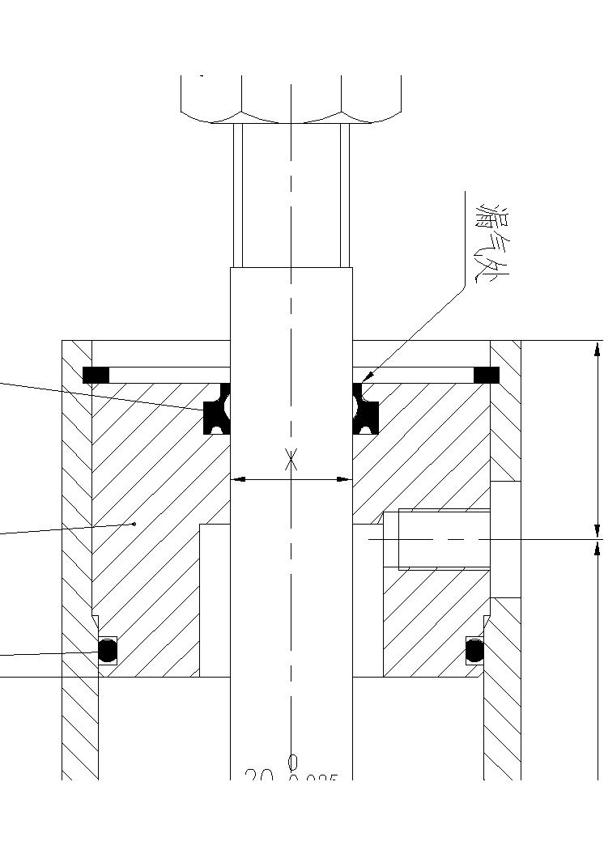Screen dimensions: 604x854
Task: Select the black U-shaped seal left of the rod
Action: pyautogui.click(x=216, y=410)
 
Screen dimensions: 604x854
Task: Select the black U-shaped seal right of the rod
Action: pyautogui.click(x=366, y=410)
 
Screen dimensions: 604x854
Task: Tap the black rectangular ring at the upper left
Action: pyautogui.click(x=96, y=375)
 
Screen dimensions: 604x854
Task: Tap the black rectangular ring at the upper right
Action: pyautogui.click(x=486, y=375)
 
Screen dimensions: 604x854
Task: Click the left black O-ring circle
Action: pyautogui.click(x=107, y=650)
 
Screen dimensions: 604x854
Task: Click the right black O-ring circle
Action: pyautogui.click(x=475, y=650)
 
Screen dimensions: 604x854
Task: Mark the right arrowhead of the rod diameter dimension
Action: pyautogui.click(x=347, y=479)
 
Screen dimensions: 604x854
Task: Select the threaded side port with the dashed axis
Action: pyautogui.click(x=444, y=539)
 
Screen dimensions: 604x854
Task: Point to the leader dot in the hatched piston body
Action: pyautogui.click(x=134, y=524)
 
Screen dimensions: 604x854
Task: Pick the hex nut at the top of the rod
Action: pyautogui.click(x=291, y=98)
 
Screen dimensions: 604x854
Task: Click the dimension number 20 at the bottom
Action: pyautogui.click(x=258, y=777)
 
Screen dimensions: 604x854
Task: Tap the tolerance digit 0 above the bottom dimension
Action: pyautogui.click(x=293, y=762)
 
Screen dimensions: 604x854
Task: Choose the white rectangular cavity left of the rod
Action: pyautogui.click(x=215, y=599)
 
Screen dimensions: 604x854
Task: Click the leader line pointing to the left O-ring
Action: pyautogui.click(x=49, y=653)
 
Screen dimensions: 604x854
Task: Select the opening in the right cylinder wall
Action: pyautogui.click(x=505, y=539)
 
